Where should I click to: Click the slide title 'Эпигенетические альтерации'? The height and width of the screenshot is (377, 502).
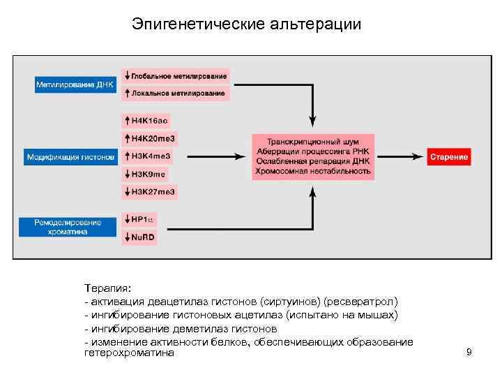(x=247, y=24)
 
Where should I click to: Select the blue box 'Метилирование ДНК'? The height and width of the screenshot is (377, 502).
(x=69, y=84)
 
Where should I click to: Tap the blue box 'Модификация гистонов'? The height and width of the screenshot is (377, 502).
(x=70, y=157)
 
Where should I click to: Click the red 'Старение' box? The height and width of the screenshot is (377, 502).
(x=449, y=157)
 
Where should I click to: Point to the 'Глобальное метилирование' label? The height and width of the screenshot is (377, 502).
(x=178, y=75)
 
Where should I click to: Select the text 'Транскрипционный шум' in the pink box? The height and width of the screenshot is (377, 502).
(x=313, y=140)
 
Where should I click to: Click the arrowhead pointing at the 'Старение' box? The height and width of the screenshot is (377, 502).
(x=421, y=157)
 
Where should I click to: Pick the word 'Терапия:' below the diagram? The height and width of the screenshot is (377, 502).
(x=102, y=288)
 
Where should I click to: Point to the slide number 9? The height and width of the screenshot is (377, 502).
(x=469, y=352)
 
